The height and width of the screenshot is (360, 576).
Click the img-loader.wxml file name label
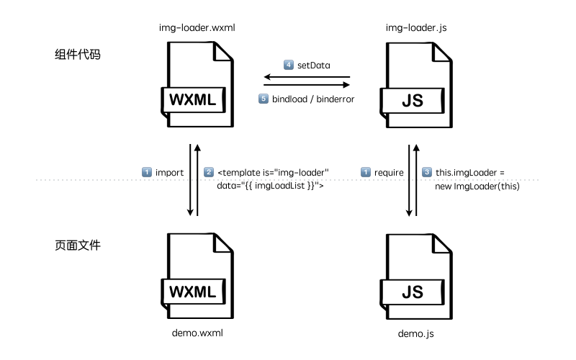click(x=197, y=28)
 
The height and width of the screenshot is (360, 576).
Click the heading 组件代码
click(x=77, y=55)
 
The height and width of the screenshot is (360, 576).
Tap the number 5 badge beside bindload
click(x=264, y=97)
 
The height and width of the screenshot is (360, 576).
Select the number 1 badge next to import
click(x=147, y=172)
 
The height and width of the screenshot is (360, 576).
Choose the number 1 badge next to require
click(x=365, y=172)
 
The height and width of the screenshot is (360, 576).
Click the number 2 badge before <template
click(x=209, y=172)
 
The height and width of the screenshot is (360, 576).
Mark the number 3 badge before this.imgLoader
click(x=427, y=172)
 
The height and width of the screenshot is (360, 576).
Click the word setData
click(x=314, y=65)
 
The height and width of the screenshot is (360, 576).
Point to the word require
click(x=390, y=172)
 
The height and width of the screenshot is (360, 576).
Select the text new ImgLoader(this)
click(x=478, y=186)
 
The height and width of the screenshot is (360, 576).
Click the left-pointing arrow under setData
click(x=306, y=76)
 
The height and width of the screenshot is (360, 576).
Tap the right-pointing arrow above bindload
click(x=306, y=84)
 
